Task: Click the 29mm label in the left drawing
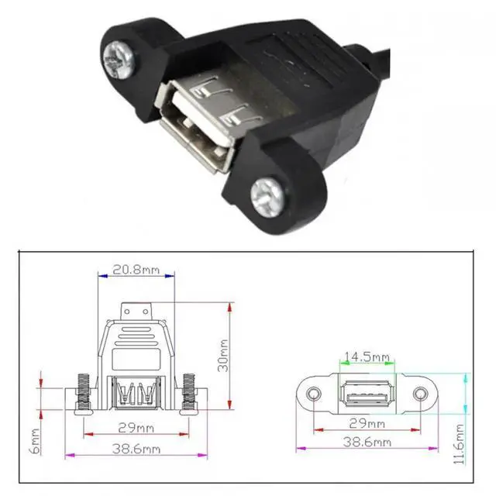[137, 428]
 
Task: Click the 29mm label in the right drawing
[367, 424]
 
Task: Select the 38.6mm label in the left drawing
[137, 449]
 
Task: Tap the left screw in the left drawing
[82, 394]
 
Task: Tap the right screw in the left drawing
[188, 394]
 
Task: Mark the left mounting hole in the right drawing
[313, 394]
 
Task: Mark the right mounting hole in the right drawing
[421, 394]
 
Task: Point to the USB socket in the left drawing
[136, 394]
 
